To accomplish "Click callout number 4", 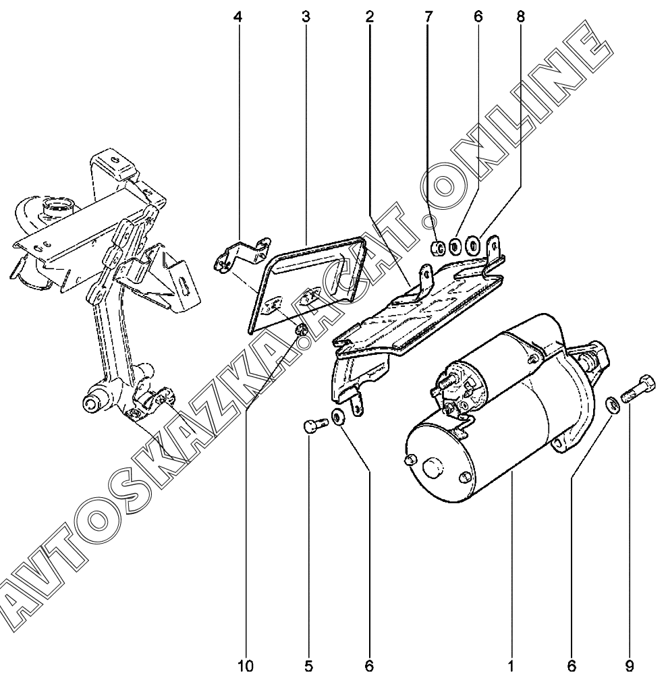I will (x=237, y=17).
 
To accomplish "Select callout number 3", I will (x=306, y=17).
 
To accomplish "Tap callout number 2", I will (x=369, y=17).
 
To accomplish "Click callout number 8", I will (x=520, y=17).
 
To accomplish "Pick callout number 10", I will (x=245, y=666).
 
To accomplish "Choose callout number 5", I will (x=308, y=666).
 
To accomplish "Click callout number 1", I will (x=511, y=666).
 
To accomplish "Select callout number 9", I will (x=629, y=666).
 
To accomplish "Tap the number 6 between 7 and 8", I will (x=478, y=17).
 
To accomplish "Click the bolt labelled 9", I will (x=636, y=388).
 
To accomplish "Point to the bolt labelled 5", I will (x=311, y=427).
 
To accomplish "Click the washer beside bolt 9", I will (x=613, y=404).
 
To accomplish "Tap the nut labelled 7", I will (x=437, y=249).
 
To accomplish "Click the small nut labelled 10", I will (x=302, y=329).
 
